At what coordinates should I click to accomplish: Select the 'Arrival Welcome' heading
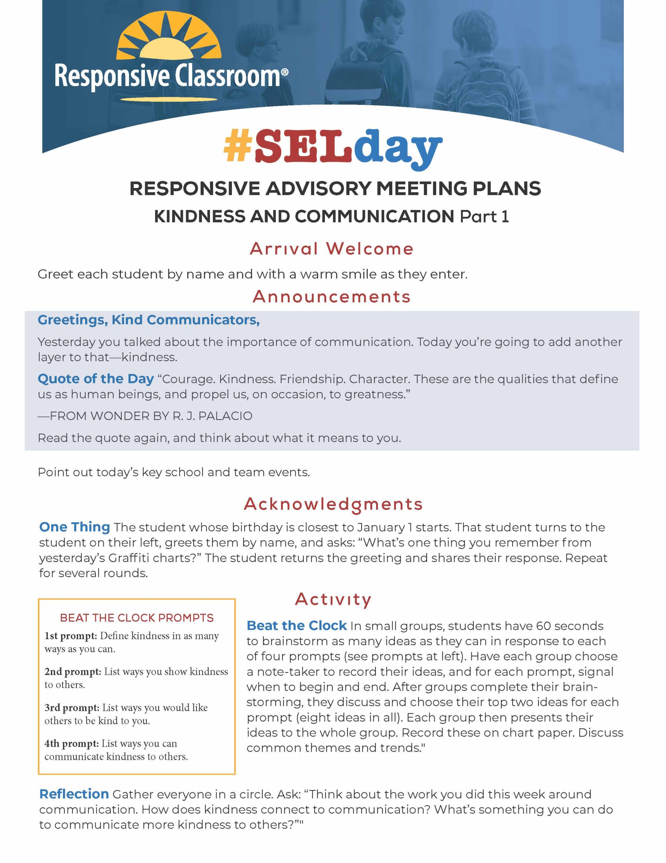[x=332, y=249]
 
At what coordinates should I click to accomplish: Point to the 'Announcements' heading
[x=332, y=297]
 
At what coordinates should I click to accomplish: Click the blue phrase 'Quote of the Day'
[x=96, y=379]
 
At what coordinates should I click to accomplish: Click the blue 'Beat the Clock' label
[x=297, y=626]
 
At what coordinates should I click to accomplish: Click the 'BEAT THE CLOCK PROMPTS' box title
[x=137, y=618]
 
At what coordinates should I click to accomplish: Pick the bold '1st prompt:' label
[x=71, y=636]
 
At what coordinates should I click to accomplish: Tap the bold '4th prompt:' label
[x=71, y=743]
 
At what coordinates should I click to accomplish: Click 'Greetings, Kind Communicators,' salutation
[x=148, y=320]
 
